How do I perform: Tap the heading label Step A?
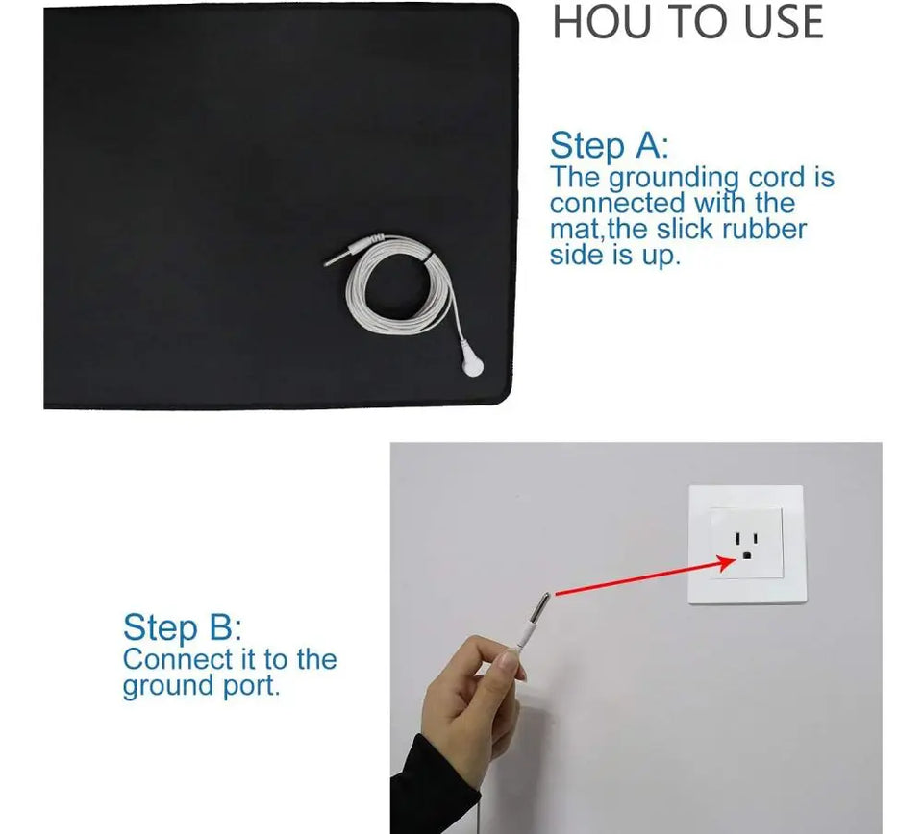click(x=609, y=146)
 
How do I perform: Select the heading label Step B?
click(x=183, y=627)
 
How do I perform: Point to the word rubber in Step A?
click(x=762, y=230)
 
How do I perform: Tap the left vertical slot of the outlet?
click(x=737, y=539)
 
